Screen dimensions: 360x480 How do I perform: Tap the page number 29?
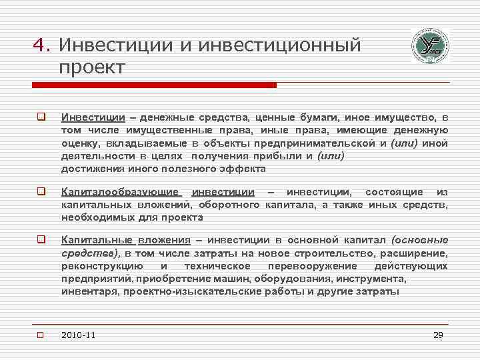point(438,335)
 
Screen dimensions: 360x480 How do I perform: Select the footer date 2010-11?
point(79,335)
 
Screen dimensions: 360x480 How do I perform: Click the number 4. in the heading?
point(42,46)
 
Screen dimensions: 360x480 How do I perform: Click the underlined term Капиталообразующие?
point(121,193)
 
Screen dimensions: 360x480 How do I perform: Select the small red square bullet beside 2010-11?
point(41,335)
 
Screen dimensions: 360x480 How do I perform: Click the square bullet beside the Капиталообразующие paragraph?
point(41,193)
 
